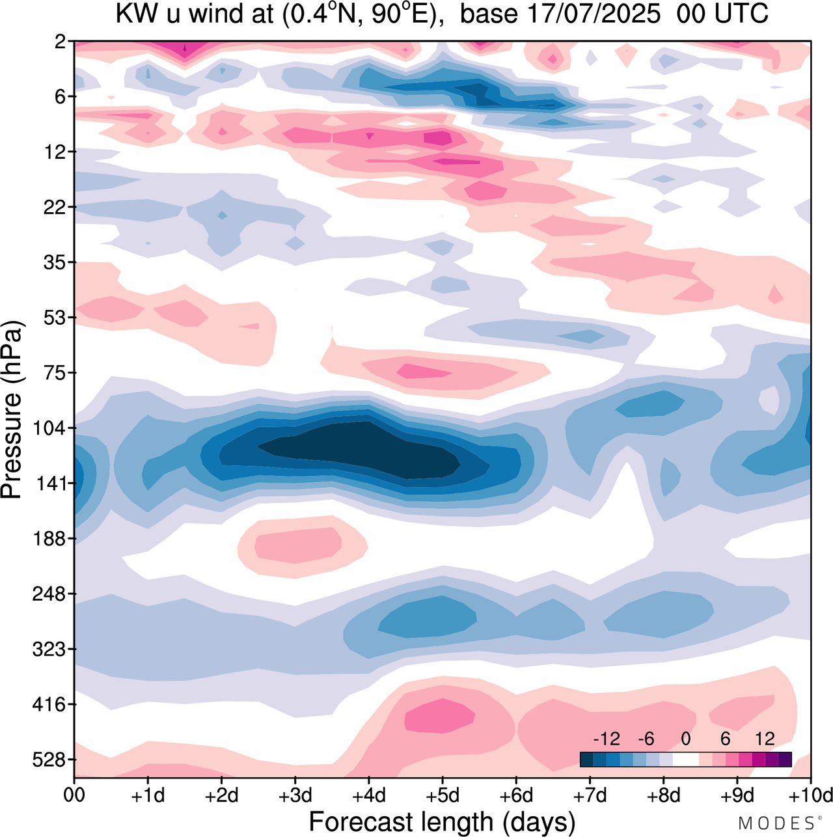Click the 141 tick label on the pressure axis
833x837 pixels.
(x=49, y=484)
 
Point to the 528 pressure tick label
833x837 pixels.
(x=49, y=760)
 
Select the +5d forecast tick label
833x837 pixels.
(x=443, y=795)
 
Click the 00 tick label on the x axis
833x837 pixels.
(x=74, y=795)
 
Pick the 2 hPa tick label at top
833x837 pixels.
(x=61, y=42)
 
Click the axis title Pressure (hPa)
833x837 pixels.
(x=12, y=410)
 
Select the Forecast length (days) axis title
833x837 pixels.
(x=442, y=822)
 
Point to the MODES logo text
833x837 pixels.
(x=778, y=823)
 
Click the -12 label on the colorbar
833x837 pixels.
(x=607, y=739)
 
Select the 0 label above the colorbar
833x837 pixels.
(x=686, y=739)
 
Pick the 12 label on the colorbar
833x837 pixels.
(x=765, y=739)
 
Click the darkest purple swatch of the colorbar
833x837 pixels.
(x=785, y=760)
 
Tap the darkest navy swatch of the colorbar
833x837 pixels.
(x=586, y=760)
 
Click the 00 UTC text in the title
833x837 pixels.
(x=722, y=13)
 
